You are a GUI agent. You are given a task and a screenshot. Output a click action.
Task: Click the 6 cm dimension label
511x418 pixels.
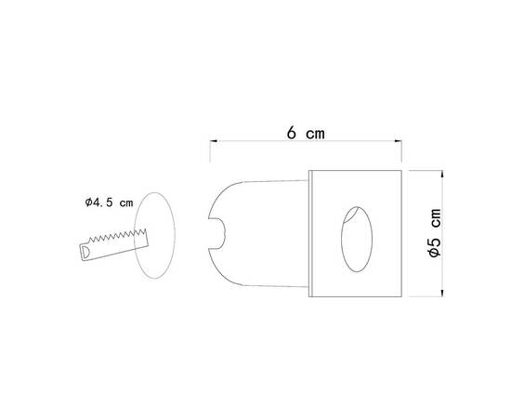[x=305, y=133]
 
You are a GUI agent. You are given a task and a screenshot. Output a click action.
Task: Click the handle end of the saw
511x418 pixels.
[x=85, y=252]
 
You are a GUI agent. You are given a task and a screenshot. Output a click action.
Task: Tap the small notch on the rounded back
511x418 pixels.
[x=218, y=233]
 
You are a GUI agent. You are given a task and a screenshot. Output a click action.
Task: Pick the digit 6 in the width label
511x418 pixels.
[x=292, y=133]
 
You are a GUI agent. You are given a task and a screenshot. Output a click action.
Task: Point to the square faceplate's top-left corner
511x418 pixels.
[x=309, y=173]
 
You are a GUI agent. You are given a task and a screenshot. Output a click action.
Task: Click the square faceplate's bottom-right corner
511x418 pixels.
[x=400, y=296]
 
